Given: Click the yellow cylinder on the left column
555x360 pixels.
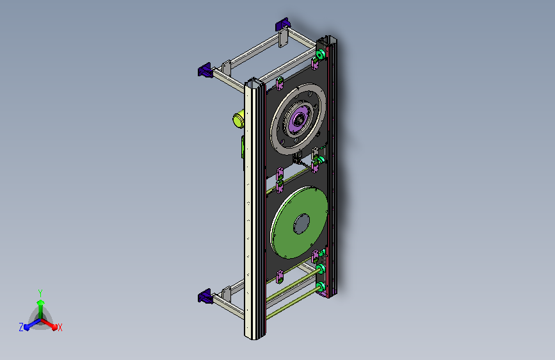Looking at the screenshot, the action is point(238,119).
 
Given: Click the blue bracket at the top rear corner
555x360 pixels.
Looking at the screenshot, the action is point(283,24).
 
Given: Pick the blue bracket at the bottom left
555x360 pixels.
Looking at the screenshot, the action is point(205,296).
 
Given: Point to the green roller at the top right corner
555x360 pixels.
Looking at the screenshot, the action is point(320,54).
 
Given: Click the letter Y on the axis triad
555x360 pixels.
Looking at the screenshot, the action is point(40,293).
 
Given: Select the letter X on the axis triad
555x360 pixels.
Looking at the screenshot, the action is point(60,328).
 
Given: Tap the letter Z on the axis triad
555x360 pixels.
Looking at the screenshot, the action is point(21,327).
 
